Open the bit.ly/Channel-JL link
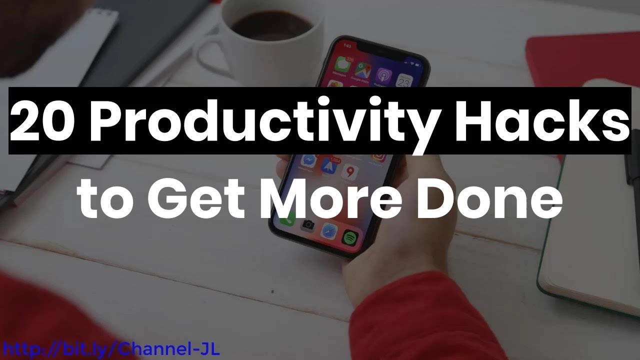pos(110,348)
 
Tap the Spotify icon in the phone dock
pos(349,235)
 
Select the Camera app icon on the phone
pos(307,225)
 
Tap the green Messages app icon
pos(342,64)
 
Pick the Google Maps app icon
pos(362,69)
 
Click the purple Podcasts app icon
pos(383,75)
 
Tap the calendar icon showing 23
pos(404,80)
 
